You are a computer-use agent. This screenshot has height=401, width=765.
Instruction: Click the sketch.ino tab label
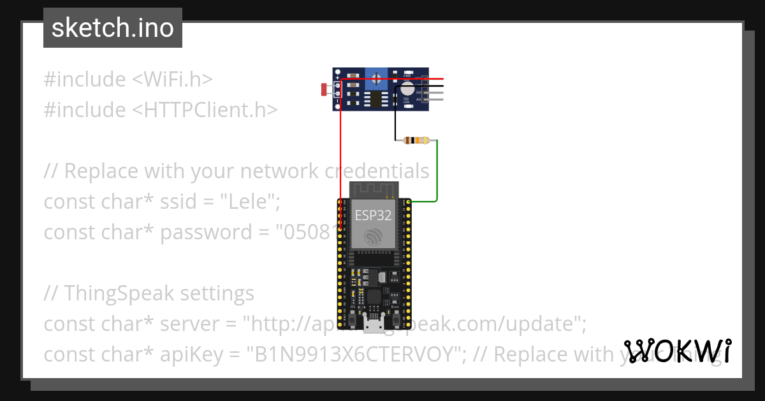[x=112, y=28]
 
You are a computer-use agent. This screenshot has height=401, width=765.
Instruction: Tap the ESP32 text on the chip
[x=373, y=215]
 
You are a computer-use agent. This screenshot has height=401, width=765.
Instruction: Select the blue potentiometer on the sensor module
[x=377, y=80]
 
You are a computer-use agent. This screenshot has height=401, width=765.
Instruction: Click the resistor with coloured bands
[x=418, y=141]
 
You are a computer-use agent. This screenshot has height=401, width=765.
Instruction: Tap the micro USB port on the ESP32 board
[x=373, y=326]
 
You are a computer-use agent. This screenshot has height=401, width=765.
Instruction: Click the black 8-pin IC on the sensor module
[x=377, y=99]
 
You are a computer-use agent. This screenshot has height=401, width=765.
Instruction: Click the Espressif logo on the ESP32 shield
[x=373, y=238]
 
